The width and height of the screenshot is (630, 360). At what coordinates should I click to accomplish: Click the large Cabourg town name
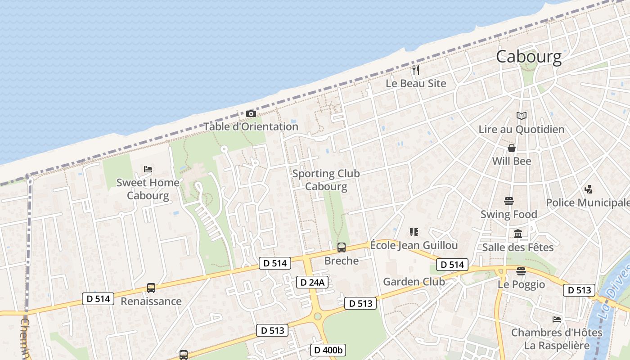[x=529, y=57]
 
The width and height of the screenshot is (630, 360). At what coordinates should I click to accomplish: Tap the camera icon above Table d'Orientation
[x=251, y=114]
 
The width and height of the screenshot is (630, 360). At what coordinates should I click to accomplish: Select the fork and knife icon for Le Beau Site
[x=416, y=70]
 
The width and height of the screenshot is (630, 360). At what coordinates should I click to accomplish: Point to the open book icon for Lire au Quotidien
[x=521, y=116]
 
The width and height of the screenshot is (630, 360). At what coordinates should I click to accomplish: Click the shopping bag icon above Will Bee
[x=512, y=148]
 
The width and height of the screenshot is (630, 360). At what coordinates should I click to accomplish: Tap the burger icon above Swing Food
[x=509, y=201]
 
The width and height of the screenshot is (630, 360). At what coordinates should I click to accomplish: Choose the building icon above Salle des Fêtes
[x=518, y=234]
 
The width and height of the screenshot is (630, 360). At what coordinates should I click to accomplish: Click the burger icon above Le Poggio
[x=521, y=271]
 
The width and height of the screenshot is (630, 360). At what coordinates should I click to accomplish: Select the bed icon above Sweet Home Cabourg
[x=148, y=169]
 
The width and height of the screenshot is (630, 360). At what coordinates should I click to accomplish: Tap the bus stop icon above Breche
[x=342, y=247]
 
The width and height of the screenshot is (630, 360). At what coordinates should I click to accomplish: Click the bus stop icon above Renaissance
[x=151, y=288]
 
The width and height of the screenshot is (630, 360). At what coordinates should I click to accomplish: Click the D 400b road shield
[x=328, y=350]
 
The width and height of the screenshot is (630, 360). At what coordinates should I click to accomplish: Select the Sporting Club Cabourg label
[x=326, y=180]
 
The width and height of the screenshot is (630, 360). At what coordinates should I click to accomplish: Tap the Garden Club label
[x=414, y=282]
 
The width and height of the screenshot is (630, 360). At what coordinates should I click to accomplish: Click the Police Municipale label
[x=588, y=202]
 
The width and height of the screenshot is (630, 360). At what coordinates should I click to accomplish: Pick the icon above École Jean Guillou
[x=414, y=232]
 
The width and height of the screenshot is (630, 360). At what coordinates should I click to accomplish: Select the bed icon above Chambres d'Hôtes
[x=557, y=319]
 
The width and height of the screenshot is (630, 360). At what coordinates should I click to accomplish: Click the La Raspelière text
[x=557, y=346]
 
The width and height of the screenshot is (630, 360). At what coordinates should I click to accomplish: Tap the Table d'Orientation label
[x=251, y=126]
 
